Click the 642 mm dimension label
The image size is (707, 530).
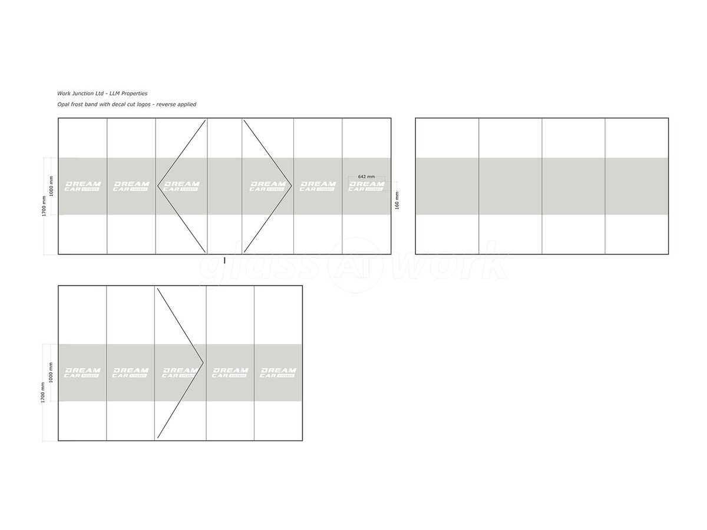366,177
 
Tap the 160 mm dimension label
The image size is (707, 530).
397,200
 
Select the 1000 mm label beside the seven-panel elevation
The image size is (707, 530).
51,186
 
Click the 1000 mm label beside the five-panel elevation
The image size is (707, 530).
51,373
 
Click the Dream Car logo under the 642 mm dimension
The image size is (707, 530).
366,186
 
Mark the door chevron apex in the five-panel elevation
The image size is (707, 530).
203,362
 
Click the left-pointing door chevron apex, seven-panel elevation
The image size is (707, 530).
158,186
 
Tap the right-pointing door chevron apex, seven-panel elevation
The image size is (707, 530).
292,186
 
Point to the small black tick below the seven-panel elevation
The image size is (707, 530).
224,260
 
